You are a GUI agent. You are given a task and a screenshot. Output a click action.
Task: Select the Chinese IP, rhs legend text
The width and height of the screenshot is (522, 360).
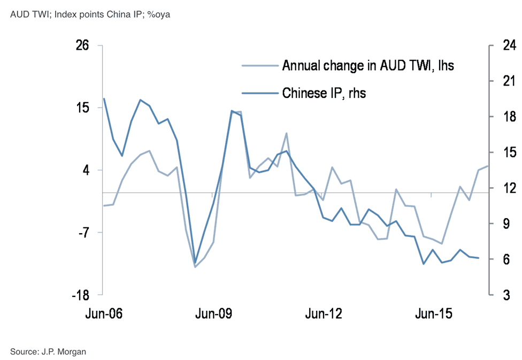324,93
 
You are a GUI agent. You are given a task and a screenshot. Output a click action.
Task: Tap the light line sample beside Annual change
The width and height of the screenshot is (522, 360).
260,66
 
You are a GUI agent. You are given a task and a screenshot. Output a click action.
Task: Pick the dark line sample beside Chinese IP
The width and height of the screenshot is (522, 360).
260,93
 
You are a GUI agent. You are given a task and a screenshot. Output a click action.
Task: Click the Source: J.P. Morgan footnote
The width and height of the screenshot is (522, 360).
48,351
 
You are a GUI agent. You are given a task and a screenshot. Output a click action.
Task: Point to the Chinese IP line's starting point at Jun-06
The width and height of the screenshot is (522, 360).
104,98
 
